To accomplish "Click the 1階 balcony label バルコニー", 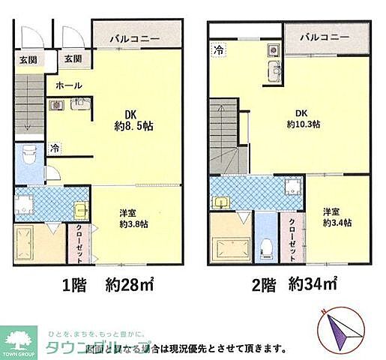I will tap(136, 37).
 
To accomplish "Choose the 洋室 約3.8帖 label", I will tap(133, 217).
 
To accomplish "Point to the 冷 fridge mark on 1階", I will tap(55, 148).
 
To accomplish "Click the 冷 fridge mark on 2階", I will tap(218, 50).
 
